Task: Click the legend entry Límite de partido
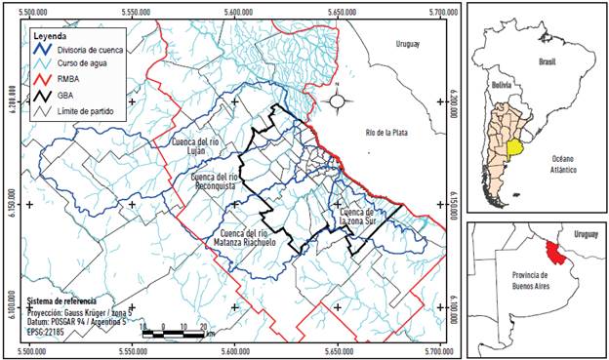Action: (79, 112)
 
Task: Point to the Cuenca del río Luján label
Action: (203, 147)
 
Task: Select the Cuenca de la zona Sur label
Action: (357, 217)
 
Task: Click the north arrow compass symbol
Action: (338, 100)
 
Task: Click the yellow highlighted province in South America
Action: (514, 149)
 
